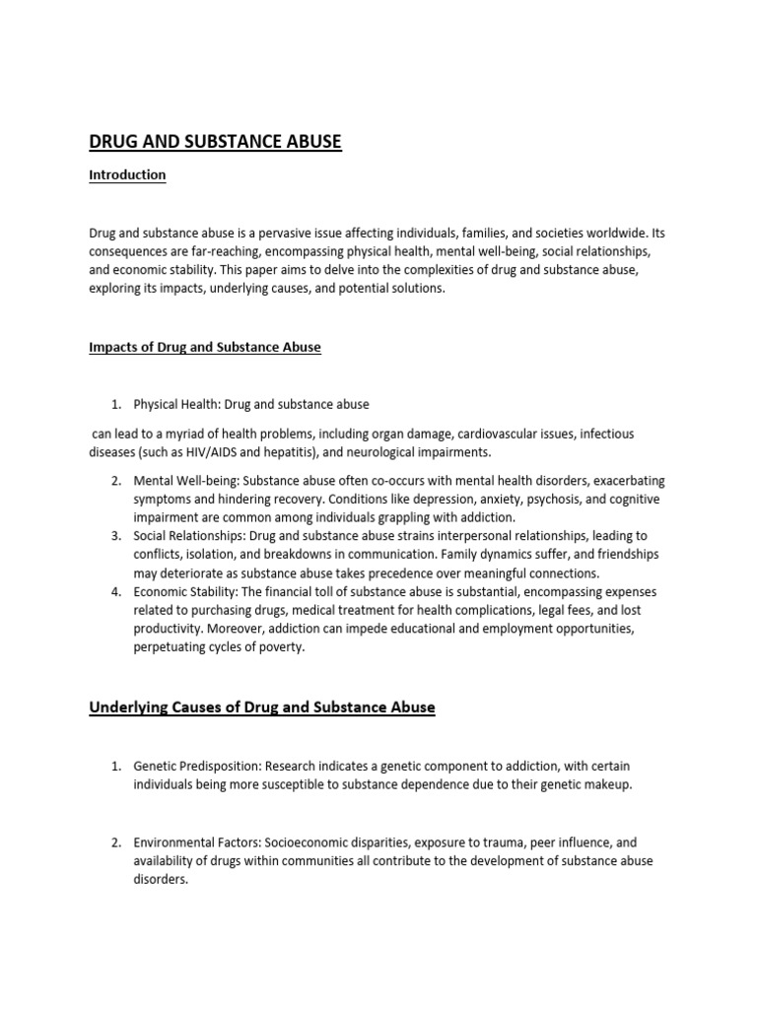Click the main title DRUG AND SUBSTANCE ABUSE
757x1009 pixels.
click(x=215, y=142)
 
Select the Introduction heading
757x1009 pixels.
click(x=127, y=175)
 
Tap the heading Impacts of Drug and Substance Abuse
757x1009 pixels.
click(x=205, y=347)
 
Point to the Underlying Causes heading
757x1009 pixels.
click(x=262, y=707)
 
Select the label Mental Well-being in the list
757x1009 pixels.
click(x=185, y=481)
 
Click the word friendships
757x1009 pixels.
click(x=623, y=555)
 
